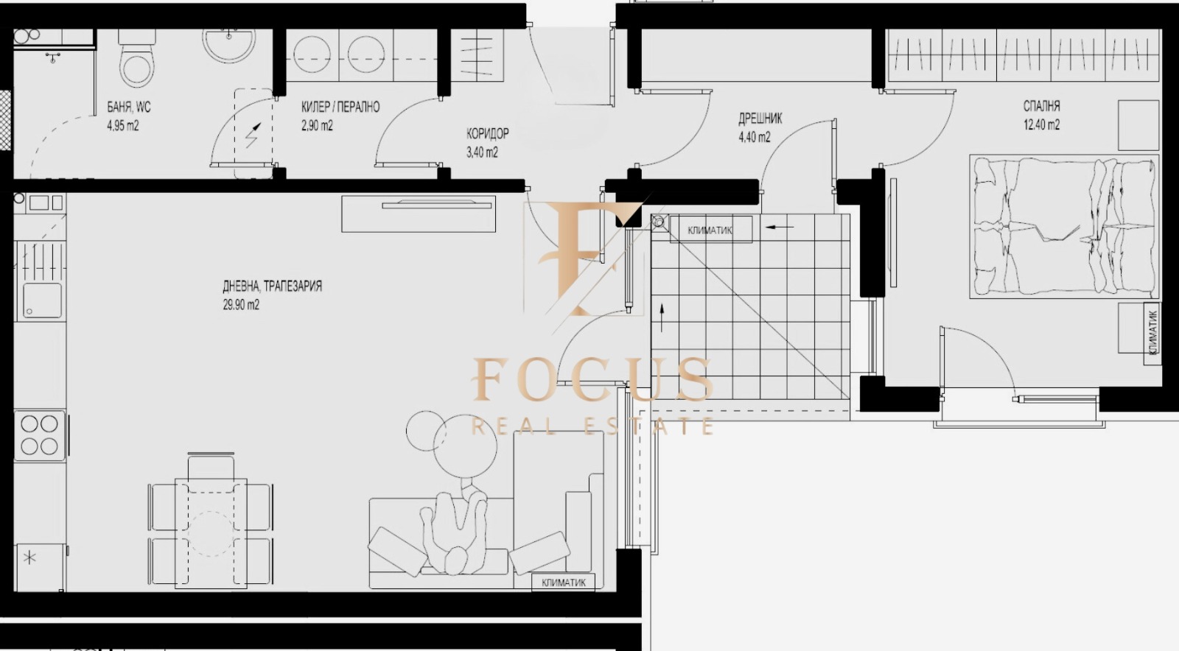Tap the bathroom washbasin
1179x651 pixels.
tap(229, 43)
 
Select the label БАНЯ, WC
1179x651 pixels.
tap(129, 108)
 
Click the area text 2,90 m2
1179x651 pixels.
tap(317, 126)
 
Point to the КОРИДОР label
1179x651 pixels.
tap(487, 133)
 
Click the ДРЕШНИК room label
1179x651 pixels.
tap(760, 119)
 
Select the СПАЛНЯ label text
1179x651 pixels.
tap(1041, 106)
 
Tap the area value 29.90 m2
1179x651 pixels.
tap(241, 305)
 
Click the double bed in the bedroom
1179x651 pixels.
tap(1062, 227)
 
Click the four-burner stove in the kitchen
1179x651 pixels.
tap(40, 434)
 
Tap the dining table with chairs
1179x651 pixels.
tap(210, 523)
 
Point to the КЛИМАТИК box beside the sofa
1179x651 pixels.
tap(564, 583)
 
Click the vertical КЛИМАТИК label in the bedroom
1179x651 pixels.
tap(1152, 332)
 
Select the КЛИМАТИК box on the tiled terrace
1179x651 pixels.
tap(710, 231)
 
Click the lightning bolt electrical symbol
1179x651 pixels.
tap(253, 136)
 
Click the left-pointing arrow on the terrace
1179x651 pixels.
tap(779, 227)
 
